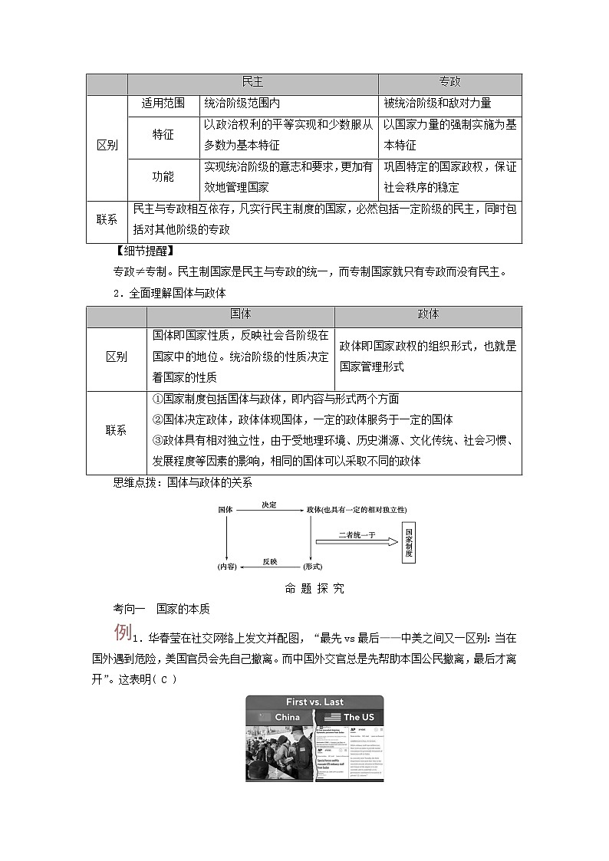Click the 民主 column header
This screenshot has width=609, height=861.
click(x=252, y=83)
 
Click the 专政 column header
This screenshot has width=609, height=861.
click(x=449, y=83)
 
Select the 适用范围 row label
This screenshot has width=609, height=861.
click(x=163, y=104)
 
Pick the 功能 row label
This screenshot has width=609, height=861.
click(x=163, y=177)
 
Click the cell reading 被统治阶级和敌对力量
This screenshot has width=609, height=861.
click(x=438, y=104)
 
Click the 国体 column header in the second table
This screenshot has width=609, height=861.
click(x=240, y=315)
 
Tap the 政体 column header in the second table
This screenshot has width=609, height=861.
click(x=428, y=315)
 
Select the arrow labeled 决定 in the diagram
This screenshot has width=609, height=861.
click(x=268, y=509)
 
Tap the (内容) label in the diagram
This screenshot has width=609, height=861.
click(x=226, y=567)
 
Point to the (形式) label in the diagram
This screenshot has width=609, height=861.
click(x=313, y=567)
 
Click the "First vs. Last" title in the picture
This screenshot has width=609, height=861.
click(x=314, y=702)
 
